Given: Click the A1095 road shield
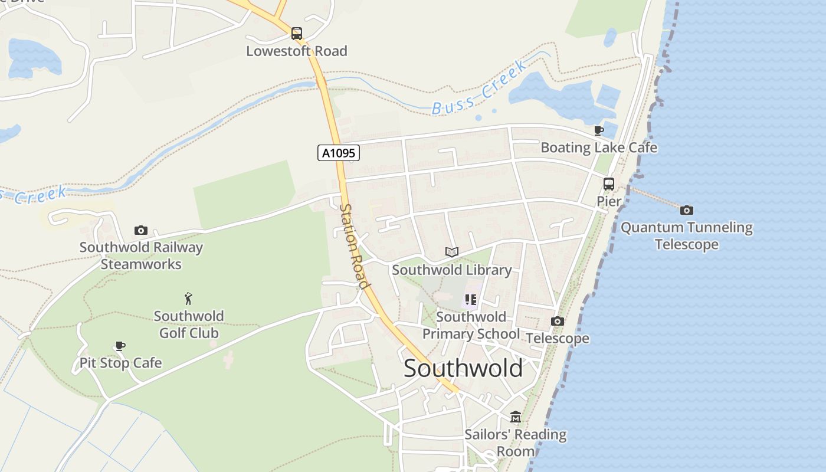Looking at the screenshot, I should click(x=339, y=153).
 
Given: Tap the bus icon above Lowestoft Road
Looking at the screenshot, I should click(x=297, y=34).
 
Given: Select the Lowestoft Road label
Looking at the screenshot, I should click(x=297, y=51).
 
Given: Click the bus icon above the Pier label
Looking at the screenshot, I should click(x=609, y=184).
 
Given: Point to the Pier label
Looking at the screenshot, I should click(x=609, y=201).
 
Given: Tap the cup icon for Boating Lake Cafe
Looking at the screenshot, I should click(x=599, y=130).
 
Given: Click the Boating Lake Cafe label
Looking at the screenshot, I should click(x=599, y=147).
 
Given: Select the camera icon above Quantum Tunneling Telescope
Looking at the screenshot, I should click(x=687, y=210).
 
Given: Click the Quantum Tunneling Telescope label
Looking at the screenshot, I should click(x=687, y=235).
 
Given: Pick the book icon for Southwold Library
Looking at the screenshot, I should click(x=452, y=253).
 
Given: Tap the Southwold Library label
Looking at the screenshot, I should click(x=452, y=270).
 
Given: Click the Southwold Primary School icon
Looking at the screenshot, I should click(x=470, y=300).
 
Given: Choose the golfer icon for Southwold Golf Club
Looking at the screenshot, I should click(x=189, y=299).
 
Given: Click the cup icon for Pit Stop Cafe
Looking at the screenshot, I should click(x=120, y=346).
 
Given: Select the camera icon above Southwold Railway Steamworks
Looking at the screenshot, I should click(x=140, y=230).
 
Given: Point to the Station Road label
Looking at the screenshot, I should click(x=355, y=247).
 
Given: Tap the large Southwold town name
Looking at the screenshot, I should click(x=463, y=369).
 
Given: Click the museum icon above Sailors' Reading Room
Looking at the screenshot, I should click(x=516, y=417).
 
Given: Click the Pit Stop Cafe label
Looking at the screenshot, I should click(x=120, y=363).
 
